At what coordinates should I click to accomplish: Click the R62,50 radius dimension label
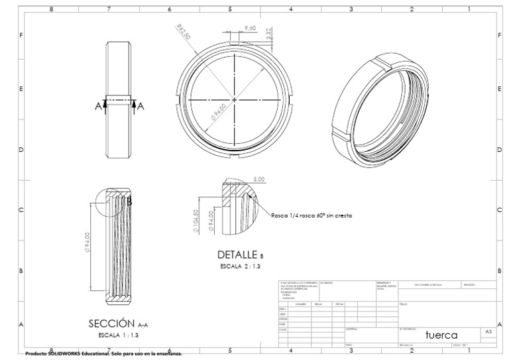tap(184, 31)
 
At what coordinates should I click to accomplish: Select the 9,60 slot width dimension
tap(251, 28)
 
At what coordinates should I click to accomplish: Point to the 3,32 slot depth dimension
tap(269, 34)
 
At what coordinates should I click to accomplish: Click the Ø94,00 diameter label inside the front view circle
tap(219, 111)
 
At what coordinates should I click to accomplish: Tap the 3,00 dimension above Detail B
tap(259, 179)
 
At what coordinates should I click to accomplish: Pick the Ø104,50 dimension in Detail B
tap(196, 220)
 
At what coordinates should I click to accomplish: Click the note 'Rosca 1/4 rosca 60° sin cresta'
tap(311, 215)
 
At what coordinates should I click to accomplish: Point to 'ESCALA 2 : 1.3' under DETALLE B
tap(241, 266)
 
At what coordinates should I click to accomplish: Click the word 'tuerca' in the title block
tap(441, 334)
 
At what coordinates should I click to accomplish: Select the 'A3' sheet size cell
tap(488, 331)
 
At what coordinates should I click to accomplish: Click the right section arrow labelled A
tap(136, 105)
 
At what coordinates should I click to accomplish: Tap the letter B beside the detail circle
tap(130, 202)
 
